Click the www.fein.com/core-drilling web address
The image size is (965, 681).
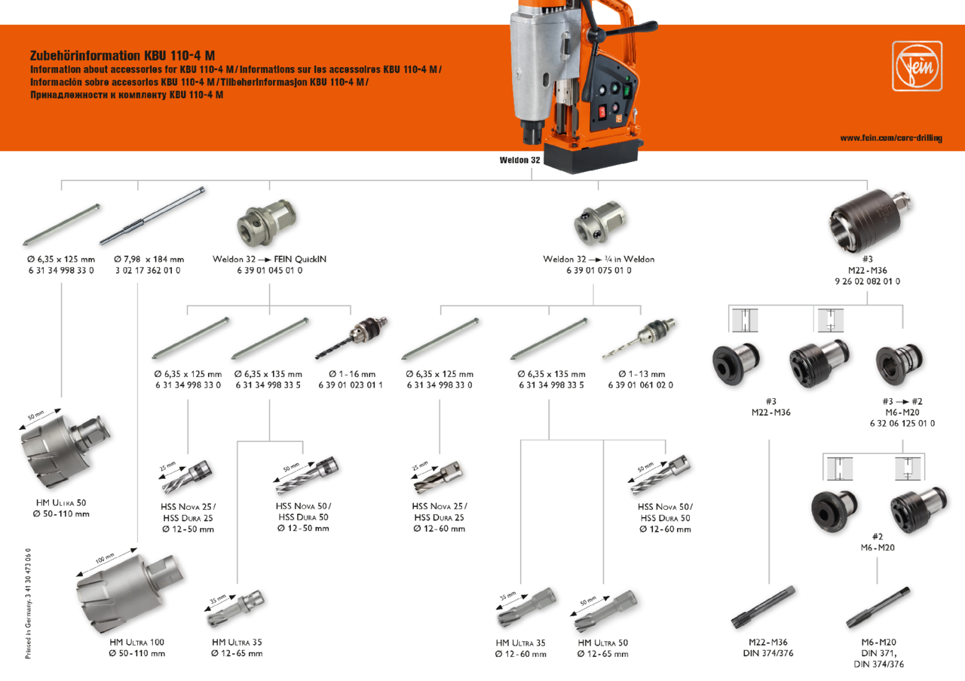890,138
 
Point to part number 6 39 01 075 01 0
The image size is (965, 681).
598,270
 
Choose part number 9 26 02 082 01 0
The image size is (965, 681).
867,281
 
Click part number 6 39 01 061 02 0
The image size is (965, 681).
640,385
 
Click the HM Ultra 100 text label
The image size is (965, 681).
136,642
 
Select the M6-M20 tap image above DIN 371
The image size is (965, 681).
878,609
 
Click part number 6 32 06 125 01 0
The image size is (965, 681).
902,424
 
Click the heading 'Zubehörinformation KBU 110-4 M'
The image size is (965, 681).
122,56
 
